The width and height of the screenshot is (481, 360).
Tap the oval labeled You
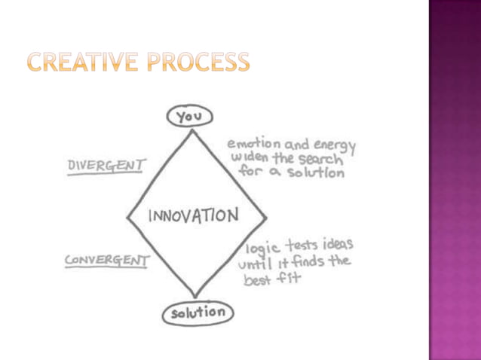[191, 117]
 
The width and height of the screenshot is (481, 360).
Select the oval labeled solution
[198, 311]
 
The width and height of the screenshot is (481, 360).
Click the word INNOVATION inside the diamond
[194, 215]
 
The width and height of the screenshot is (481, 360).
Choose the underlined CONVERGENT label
[106, 261]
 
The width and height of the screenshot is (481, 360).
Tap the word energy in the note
[331, 146]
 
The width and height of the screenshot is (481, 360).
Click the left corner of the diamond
[127, 215]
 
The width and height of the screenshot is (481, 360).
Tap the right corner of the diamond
[265, 217]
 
